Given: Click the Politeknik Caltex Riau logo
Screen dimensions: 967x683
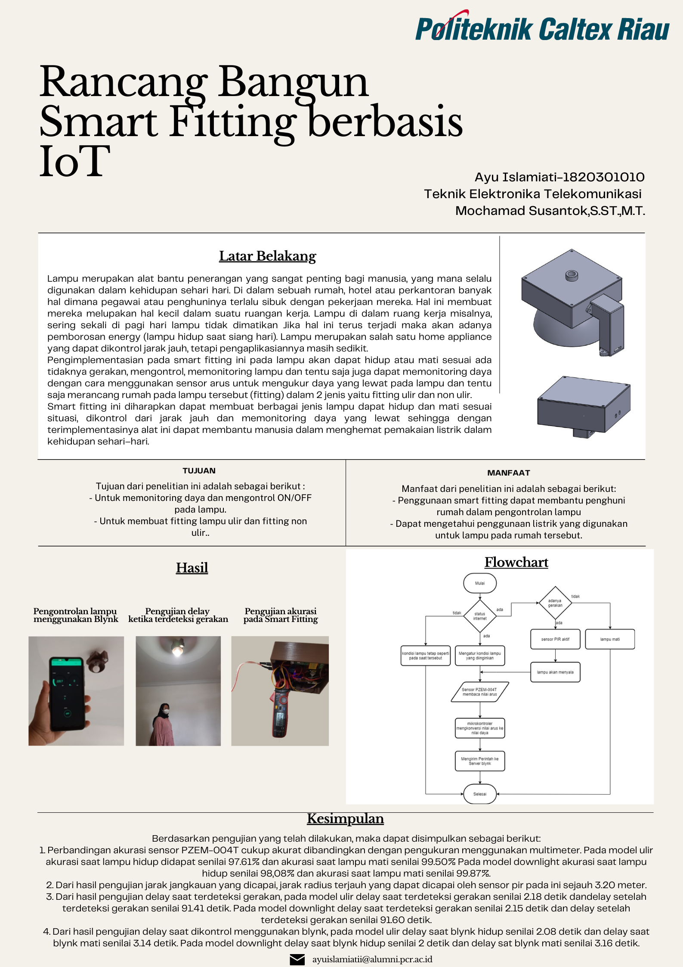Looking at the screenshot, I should (542, 28).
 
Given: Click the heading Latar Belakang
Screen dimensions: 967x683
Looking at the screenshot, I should (267, 256).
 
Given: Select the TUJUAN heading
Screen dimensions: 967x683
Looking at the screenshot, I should (199, 471).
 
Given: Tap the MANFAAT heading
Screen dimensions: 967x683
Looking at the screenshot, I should (508, 473).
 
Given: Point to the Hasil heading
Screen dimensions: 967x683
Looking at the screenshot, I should (192, 568).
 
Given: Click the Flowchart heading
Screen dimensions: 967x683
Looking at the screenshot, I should (516, 563).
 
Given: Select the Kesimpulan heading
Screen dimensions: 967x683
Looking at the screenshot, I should (345, 819).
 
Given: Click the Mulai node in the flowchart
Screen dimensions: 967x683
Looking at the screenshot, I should (479, 583).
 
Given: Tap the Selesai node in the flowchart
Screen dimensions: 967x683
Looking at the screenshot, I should (479, 794).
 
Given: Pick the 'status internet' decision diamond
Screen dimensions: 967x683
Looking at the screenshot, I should (479, 616).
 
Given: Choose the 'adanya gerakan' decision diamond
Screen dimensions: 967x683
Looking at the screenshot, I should (555, 603).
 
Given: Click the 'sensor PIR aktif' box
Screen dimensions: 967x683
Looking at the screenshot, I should (555, 639).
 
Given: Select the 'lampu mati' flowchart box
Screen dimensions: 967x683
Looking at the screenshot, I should (610, 639).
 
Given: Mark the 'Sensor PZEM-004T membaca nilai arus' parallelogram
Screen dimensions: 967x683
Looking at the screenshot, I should (479, 692).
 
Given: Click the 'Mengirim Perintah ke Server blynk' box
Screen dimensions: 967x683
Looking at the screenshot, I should (479, 761).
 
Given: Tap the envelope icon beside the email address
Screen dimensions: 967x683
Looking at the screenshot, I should (297, 959).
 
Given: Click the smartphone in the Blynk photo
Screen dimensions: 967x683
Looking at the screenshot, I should (67, 693).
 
